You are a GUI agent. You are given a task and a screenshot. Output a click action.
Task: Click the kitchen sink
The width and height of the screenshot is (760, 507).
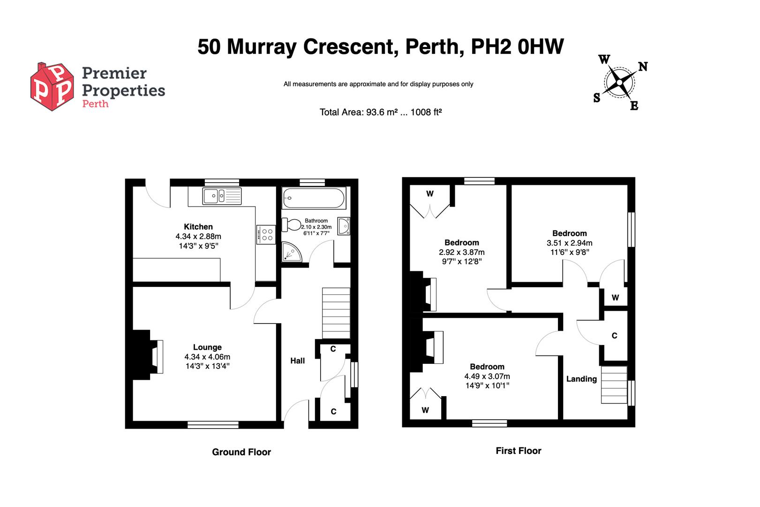tap(222, 196)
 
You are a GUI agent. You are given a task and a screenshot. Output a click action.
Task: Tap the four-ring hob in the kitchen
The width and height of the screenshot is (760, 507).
tap(266, 234)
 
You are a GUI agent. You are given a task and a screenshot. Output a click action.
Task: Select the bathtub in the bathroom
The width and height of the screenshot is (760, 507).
tap(314, 198)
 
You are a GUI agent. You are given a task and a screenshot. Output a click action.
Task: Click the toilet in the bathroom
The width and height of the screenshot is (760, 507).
tap(292, 224)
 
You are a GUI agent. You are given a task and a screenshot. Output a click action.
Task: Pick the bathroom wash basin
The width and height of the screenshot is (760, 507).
tap(344, 226)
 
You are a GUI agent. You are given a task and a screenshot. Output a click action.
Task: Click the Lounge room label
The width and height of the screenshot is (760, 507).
tap(207, 347)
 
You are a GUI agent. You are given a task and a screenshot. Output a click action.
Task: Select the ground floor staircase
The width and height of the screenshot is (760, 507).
tap(336, 313)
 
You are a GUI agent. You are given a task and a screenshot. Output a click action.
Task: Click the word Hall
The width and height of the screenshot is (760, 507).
tap(298, 361)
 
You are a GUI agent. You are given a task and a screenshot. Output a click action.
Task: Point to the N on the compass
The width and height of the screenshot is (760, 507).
tap(643, 67)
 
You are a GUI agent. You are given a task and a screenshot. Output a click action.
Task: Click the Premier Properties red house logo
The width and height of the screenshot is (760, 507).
tap(52, 87)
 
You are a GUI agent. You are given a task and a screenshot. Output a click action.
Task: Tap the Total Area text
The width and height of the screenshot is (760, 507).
tap(380, 112)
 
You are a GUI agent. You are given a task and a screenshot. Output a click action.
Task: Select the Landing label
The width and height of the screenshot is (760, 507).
tap(581, 379)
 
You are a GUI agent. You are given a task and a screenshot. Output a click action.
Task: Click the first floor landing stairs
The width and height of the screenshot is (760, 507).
tap(614, 384)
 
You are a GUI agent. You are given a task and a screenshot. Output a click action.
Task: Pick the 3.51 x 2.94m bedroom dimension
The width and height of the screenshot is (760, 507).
tap(569, 243)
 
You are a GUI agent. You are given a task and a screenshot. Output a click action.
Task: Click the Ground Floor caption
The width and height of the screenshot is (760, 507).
tap(241, 452)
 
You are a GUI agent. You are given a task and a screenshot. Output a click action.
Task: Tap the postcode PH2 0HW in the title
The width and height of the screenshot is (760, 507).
tap(518, 46)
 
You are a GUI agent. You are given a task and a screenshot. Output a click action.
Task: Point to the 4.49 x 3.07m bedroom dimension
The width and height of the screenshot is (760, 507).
tap(487, 376)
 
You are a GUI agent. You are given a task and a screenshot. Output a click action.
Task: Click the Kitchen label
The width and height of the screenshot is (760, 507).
tap(198, 227)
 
